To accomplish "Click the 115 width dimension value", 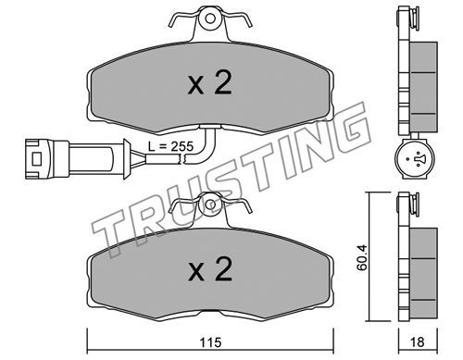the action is coord(211,342).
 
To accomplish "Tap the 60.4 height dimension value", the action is coord(362,257).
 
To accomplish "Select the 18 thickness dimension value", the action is coord(418,342).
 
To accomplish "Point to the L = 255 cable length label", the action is coord(170,146).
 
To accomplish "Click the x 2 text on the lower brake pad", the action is coord(210,269).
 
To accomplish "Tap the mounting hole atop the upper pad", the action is coord(210,19).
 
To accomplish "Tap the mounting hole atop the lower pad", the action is coord(211,205).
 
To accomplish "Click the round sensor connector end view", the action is coord(415,159).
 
